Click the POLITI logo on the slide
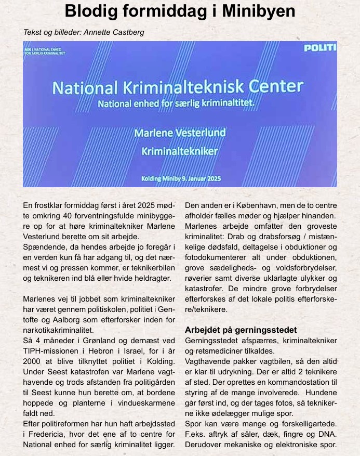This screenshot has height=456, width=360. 319,48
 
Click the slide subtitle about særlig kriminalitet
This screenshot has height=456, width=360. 177,103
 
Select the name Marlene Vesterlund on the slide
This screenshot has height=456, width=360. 180,133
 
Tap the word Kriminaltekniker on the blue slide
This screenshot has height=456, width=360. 180,152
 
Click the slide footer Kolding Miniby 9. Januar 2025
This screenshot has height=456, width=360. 181,178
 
